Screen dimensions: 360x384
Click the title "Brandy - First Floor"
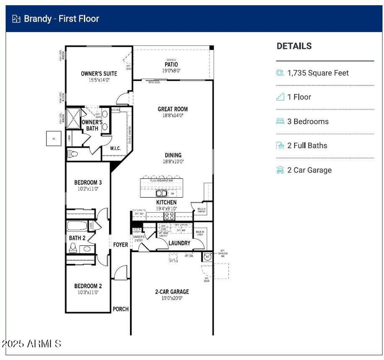61,19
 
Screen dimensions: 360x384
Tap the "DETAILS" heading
294,46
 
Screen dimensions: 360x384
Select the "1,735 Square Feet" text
318,73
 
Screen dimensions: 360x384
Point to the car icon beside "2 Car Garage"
280,170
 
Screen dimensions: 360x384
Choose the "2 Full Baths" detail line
307,146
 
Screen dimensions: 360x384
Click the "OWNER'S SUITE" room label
99,74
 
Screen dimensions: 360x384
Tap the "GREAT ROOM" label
172,109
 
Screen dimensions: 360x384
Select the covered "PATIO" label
171,65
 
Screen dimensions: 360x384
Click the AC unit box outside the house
54,139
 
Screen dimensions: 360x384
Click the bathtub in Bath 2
77,226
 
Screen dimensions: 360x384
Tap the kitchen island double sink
162,193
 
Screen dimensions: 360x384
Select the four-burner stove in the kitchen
169,216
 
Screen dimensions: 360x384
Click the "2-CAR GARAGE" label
172,292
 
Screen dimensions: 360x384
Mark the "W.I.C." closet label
115,148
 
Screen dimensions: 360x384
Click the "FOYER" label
120,245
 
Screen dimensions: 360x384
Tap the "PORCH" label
120,309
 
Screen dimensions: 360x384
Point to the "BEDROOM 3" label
88,182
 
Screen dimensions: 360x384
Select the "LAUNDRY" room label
179,243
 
